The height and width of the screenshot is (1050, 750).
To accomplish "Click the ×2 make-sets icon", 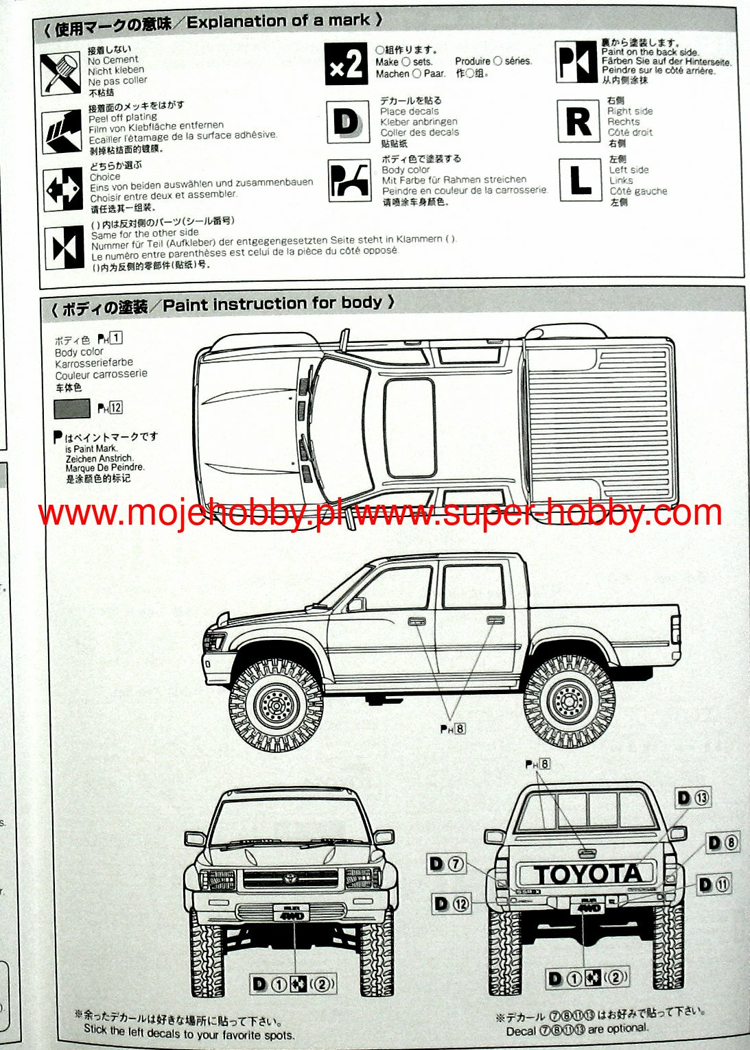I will point(346,64).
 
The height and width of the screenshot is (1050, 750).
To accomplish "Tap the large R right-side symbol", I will point(578,121).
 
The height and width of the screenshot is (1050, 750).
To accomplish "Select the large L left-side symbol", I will point(580,180).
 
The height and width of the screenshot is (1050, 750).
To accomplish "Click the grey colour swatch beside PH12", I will point(72,409).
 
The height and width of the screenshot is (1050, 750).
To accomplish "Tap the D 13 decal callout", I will point(692,798).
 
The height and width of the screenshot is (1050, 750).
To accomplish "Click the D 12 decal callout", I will point(452,904).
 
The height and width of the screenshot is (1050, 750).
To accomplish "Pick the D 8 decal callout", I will point(723,842).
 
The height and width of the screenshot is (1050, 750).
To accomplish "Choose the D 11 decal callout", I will point(714,885).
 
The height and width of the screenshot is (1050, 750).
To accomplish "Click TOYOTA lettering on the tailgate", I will point(587,874).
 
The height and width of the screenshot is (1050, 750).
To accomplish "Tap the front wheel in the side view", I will point(276,703).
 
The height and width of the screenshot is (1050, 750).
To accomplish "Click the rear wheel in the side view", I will point(570,700).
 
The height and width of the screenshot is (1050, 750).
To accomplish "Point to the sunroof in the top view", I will point(410,427).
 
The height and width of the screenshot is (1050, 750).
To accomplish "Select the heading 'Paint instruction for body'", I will point(272,303).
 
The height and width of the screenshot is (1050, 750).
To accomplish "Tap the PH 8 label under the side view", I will point(453,729).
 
